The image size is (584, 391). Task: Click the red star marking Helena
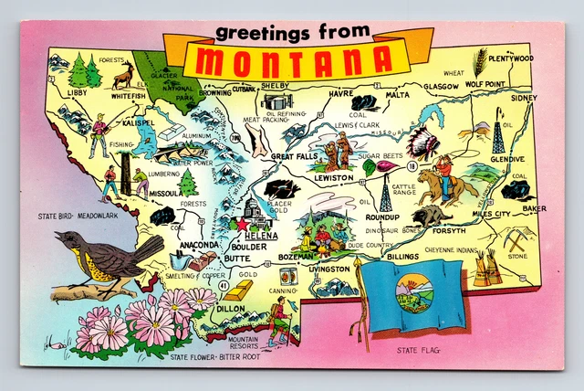[242, 223]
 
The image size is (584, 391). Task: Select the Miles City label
[491, 214]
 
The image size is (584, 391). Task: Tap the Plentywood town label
[511, 58]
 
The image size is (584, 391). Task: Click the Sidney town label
[524, 98]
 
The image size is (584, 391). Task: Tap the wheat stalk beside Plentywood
[478, 62]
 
